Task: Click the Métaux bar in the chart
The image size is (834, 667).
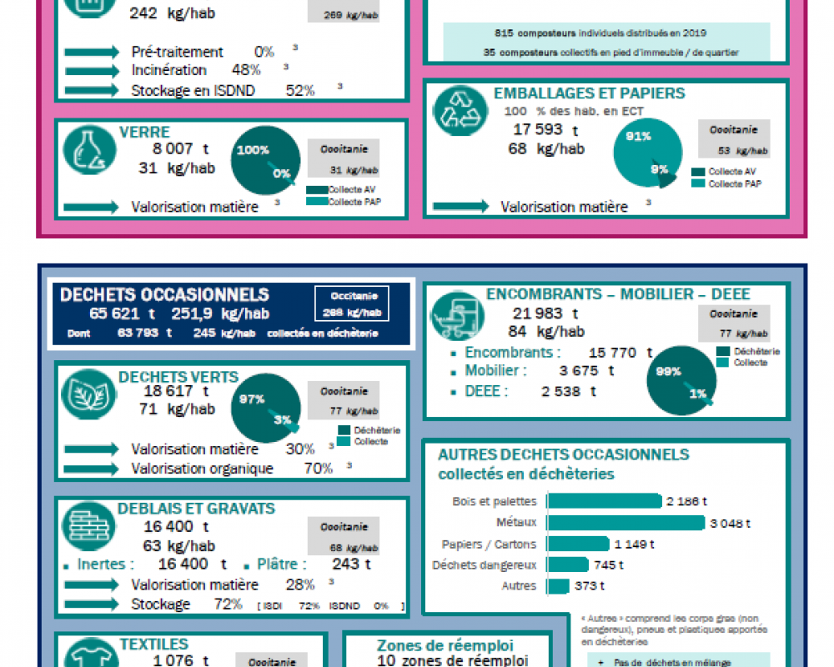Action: pos(625,523)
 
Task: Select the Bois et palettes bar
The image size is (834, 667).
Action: pos(605,501)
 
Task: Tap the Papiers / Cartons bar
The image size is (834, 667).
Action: pos(578,544)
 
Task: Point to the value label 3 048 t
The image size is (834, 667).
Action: pos(730,524)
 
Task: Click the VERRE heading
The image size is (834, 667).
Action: pos(144,133)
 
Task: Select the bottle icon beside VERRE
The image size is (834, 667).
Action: pos(87,152)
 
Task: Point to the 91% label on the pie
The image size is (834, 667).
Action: pos(638,137)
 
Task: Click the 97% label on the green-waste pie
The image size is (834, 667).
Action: pos(251,399)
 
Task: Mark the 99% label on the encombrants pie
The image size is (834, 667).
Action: pos(668,371)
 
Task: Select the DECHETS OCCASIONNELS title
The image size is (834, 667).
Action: pos(164,295)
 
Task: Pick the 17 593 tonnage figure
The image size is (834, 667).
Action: pos(540,129)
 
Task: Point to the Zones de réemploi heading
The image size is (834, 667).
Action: pos(445,645)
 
